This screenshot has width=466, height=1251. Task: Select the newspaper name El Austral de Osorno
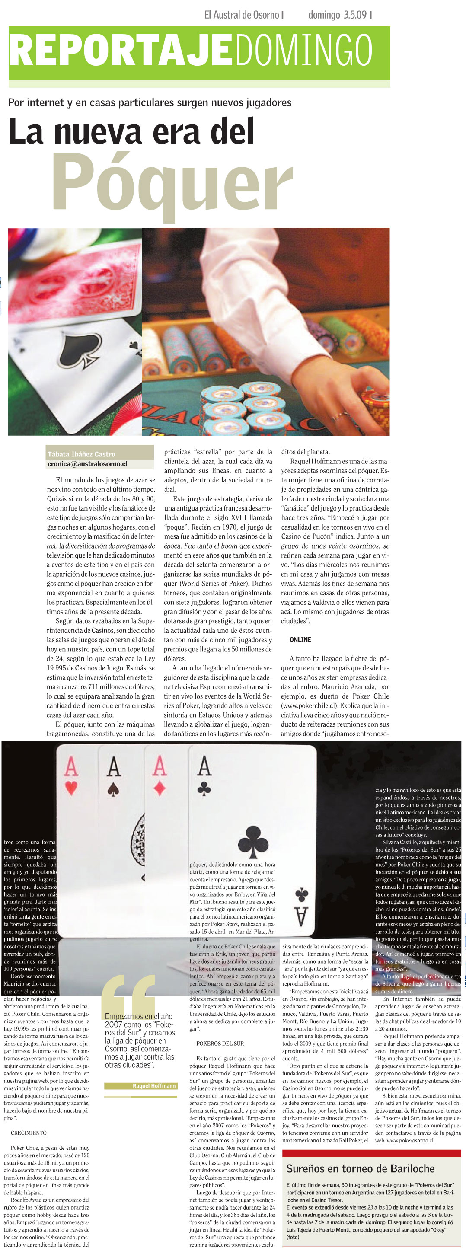(x=241, y=15)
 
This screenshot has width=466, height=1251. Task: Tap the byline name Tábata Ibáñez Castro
(x=82, y=454)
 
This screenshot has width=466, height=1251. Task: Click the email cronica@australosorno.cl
(x=87, y=464)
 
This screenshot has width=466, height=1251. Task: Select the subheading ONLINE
(x=300, y=640)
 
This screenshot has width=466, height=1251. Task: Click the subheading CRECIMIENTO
(x=29, y=1133)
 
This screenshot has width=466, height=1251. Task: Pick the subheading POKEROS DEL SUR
(x=220, y=1043)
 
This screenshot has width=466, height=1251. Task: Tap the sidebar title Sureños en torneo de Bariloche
(x=360, y=1168)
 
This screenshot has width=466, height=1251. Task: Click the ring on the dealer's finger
(x=336, y=416)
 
